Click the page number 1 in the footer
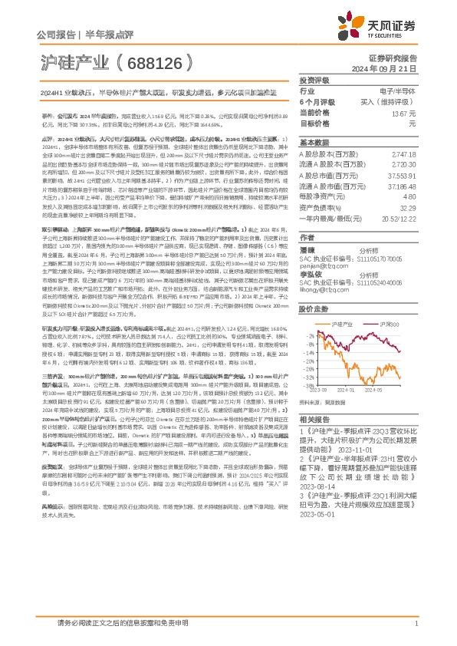tap(416, 631)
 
